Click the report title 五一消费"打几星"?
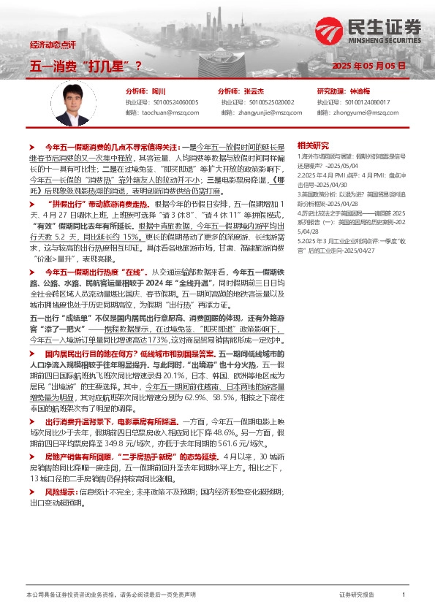86,66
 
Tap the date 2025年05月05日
368,66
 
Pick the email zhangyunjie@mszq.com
263,112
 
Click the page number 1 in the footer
404,595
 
